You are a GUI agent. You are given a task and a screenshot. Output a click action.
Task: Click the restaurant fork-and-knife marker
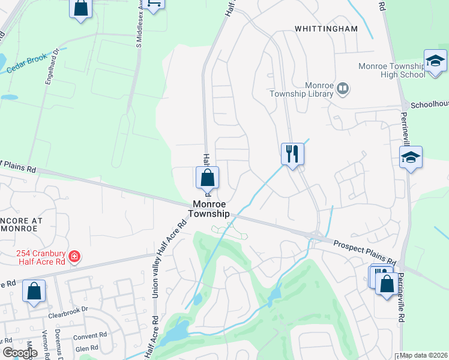coord(292,154)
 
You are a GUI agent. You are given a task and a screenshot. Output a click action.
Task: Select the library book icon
coord(343,89)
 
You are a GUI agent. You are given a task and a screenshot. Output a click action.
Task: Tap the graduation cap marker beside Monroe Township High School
coord(435,61)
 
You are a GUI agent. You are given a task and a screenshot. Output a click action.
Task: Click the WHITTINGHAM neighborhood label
coord(326,28)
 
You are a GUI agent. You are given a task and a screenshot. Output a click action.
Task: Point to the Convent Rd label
coord(91,335)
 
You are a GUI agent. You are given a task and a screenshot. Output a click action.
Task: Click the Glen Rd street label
coord(87,348)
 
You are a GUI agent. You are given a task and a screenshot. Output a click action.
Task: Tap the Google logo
coord(19,353)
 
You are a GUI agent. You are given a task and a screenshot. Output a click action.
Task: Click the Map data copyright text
coord(424,355)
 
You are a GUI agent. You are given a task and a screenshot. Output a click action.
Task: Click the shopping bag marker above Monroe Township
coord(207,178)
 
